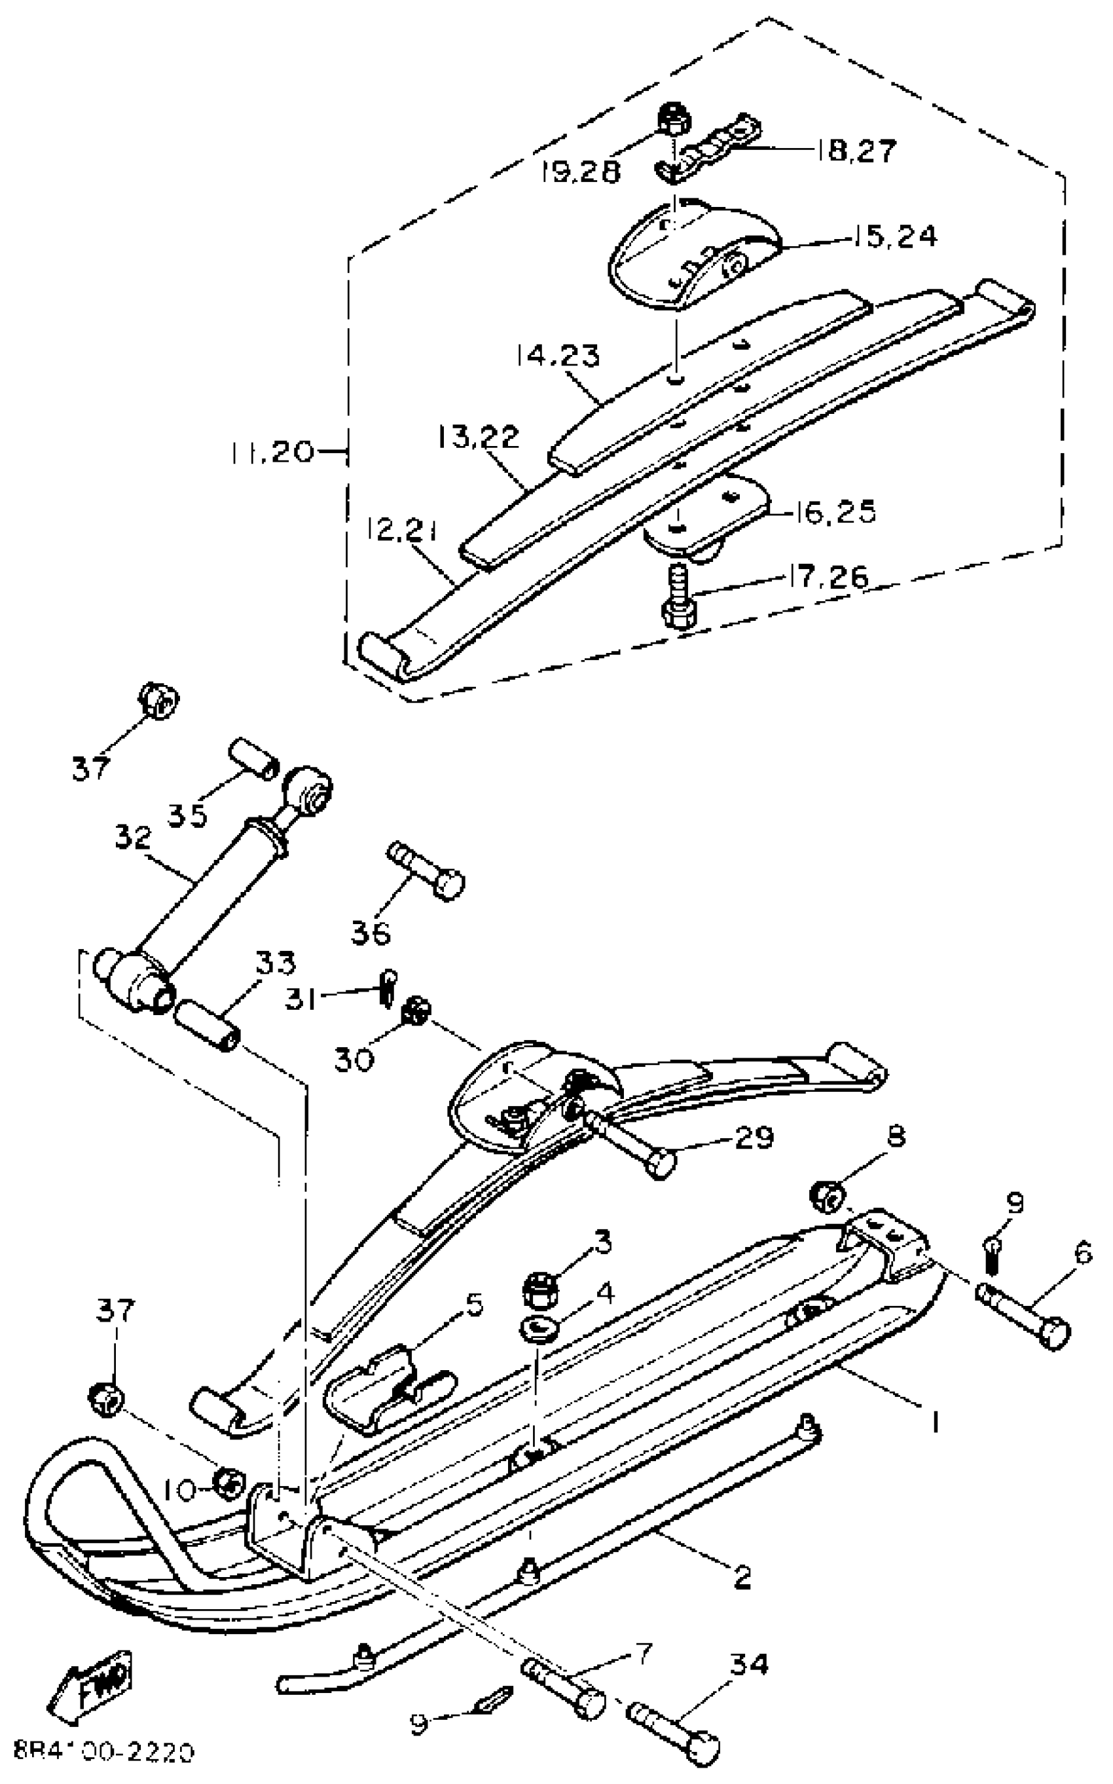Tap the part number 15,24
click(x=896, y=237)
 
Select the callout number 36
click(x=371, y=934)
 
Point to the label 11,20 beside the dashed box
click(x=272, y=451)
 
